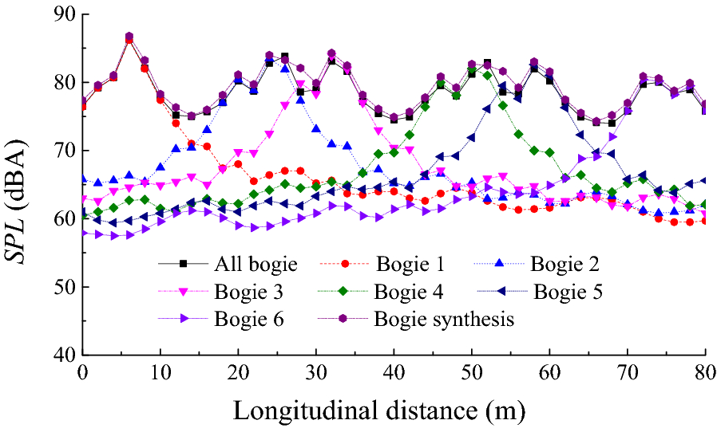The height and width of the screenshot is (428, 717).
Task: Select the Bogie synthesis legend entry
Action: click(x=444, y=320)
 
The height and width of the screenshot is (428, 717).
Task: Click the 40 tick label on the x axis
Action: click(x=393, y=372)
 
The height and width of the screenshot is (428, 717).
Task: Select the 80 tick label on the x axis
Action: click(x=704, y=372)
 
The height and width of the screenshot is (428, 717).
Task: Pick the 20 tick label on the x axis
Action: click(x=237, y=372)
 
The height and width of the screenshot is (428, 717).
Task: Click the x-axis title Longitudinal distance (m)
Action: click(x=378, y=411)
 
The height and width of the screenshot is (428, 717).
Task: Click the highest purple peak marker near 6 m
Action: click(x=129, y=37)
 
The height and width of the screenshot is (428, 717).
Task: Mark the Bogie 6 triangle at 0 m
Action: click(x=83, y=233)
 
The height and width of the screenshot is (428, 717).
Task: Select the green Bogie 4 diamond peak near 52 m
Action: click(x=487, y=75)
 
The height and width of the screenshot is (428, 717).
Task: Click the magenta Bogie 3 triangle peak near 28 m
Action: click(x=300, y=84)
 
